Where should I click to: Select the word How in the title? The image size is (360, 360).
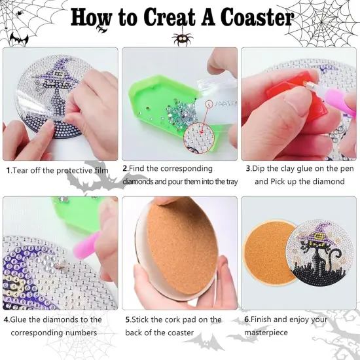tap(90, 18)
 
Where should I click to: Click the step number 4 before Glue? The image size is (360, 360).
tap(6, 319)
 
